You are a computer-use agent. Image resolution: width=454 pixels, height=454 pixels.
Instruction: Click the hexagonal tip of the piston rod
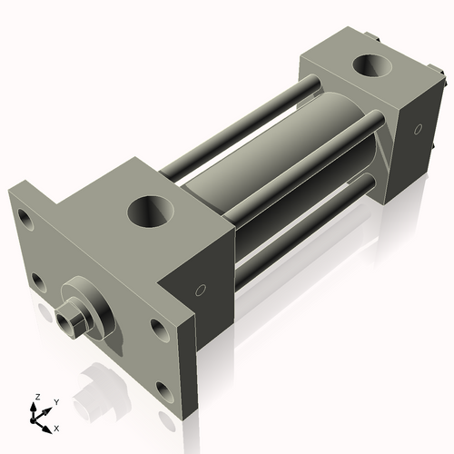(x=67, y=321)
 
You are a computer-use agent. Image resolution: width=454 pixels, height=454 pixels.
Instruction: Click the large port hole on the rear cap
(x=370, y=67)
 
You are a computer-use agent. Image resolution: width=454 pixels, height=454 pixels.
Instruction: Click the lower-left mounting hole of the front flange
(x=37, y=281)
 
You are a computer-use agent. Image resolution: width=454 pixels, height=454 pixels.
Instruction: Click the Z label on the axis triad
(x=37, y=397)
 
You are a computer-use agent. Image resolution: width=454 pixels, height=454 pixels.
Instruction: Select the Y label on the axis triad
(x=55, y=400)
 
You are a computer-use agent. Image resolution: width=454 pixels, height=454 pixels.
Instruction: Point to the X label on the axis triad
(x=56, y=427)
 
